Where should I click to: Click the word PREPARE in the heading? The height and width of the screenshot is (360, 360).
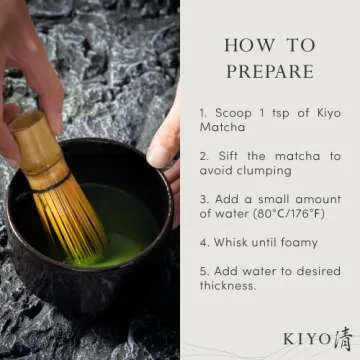tap(269, 72)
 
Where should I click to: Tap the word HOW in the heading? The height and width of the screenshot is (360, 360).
tap(244, 46)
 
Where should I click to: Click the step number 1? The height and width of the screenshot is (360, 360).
tap(202, 112)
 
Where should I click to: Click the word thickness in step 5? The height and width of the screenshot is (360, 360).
tap(228, 285)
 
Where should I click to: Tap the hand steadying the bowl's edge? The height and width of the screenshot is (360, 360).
tap(165, 140)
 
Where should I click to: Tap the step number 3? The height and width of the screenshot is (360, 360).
tap(202, 199)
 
